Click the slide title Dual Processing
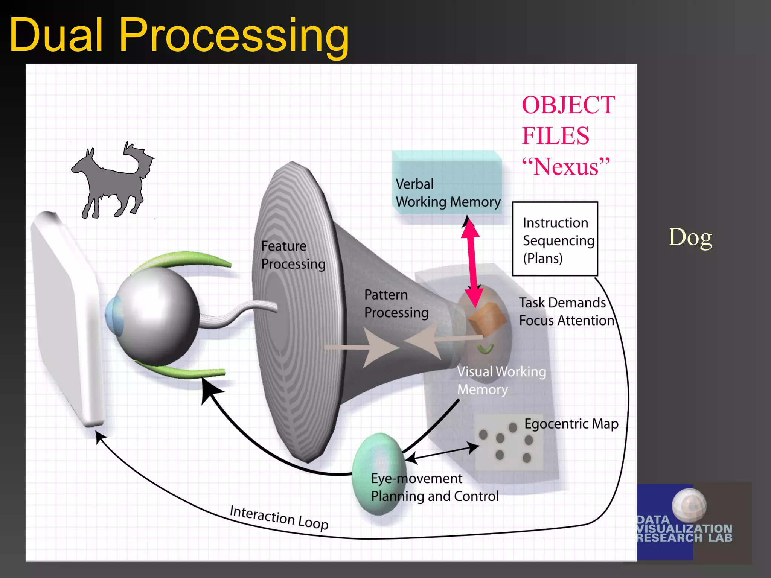click(x=179, y=35)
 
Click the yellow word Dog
click(x=690, y=237)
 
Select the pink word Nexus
click(x=565, y=167)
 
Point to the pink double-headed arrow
click(x=471, y=263)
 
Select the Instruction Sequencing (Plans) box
click(x=555, y=239)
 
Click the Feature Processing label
click(x=293, y=255)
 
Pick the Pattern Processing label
click(x=396, y=304)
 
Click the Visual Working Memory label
click(x=501, y=380)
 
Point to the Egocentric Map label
click(x=571, y=424)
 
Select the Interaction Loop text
click(x=279, y=517)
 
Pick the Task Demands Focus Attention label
click(x=566, y=312)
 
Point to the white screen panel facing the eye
click(x=68, y=320)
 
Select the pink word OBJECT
click(x=568, y=105)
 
